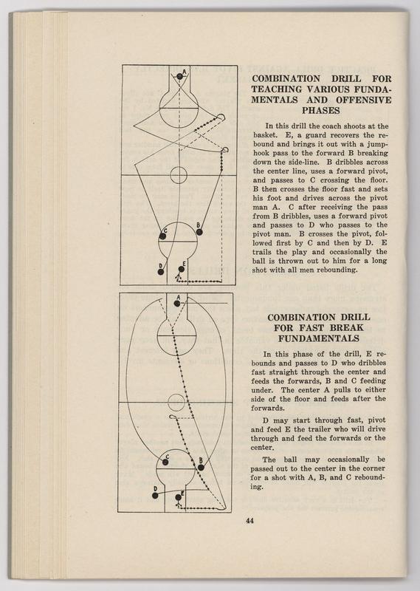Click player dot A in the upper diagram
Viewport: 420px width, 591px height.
coord(179,77)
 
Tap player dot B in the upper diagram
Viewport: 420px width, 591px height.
coord(199,232)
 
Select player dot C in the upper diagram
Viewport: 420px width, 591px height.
coord(162,236)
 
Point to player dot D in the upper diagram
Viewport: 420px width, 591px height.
coord(161,272)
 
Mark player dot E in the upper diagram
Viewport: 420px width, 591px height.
coord(181,269)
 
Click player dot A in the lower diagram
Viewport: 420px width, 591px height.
coord(177,304)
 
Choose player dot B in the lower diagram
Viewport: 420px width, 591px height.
coord(201,468)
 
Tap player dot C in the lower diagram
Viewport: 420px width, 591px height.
coord(165,462)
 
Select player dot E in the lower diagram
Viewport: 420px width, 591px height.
coord(178,497)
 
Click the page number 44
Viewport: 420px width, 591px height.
coord(249,521)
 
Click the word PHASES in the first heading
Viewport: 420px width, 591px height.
coord(320,110)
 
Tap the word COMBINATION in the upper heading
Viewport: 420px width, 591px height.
coord(286,79)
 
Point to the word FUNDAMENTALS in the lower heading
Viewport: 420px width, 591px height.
coord(319,338)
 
